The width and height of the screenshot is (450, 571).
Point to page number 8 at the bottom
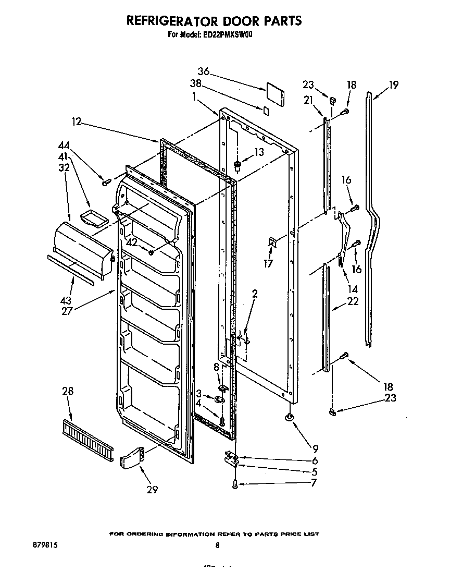coord(218,545)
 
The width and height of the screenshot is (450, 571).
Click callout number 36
coord(204,71)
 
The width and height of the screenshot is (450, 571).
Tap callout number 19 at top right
coord(393,84)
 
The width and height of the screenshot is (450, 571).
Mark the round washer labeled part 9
coord(289,417)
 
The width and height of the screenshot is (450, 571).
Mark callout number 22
coord(353,301)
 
